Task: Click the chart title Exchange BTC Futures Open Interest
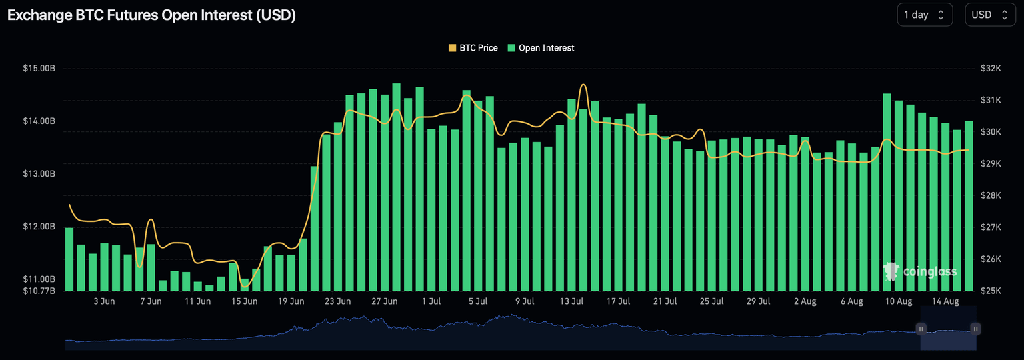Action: [x=151, y=15]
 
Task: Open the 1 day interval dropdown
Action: [x=925, y=15]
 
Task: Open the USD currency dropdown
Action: [x=990, y=15]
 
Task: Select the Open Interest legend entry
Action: [x=541, y=48]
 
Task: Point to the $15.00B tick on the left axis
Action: [x=39, y=68]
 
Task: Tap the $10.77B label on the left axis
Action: [x=39, y=291]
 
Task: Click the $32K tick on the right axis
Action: [x=991, y=68]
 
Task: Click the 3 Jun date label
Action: [x=104, y=301]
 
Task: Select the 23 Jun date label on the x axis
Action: [x=338, y=301]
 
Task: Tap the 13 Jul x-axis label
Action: [x=572, y=301]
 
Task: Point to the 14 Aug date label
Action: [x=945, y=301]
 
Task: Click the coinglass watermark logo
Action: [x=920, y=271]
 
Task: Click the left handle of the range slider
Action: [x=921, y=329]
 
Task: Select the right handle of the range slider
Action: [x=975, y=329]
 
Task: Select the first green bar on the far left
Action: [x=69, y=259]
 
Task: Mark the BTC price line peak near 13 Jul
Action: [x=583, y=85]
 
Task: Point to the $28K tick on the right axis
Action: [x=991, y=195]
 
